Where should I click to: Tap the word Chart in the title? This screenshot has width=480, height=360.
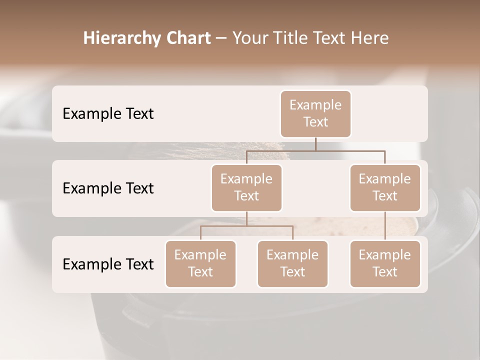click(187, 38)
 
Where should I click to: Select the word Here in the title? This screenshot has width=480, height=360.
click(370, 38)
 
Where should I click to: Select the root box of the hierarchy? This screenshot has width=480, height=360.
click(315, 114)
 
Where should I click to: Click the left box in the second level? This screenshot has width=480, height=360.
click(246, 188)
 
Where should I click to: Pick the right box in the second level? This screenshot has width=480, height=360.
click(385, 188)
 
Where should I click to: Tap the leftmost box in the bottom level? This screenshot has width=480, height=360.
click(200, 264)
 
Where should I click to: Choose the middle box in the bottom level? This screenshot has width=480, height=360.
click(292, 264)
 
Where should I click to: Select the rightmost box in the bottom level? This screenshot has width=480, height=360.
click(385, 264)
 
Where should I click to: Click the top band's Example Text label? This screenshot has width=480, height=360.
click(108, 114)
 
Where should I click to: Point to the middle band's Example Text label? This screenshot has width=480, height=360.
click(108, 188)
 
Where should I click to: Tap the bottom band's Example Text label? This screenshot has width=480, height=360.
click(108, 264)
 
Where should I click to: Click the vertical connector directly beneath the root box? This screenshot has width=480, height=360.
click(315, 144)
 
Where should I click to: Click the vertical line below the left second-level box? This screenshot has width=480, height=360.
click(246, 218)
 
